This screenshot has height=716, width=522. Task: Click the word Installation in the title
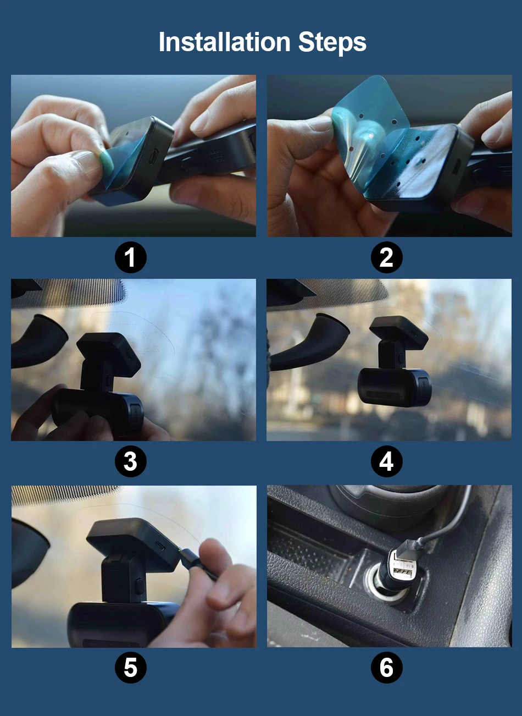pos(225,42)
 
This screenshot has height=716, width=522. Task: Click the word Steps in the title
pos(332,43)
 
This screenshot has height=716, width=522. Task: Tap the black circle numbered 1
pos(131,257)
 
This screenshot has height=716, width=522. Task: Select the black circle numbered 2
pos(386,257)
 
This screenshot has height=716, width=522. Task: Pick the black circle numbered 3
pos(131,461)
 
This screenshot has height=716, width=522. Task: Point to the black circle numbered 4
pos(386,461)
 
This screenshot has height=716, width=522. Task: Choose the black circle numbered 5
pos(131,668)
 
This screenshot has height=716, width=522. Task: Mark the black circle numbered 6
pos(386,668)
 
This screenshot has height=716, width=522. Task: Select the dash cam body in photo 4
pos(395,387)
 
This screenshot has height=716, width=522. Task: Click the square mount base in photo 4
pos(398,332)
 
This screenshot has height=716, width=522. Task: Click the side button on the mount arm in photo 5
pos(140,585)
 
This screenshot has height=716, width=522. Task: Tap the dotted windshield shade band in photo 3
pos(69,293)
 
